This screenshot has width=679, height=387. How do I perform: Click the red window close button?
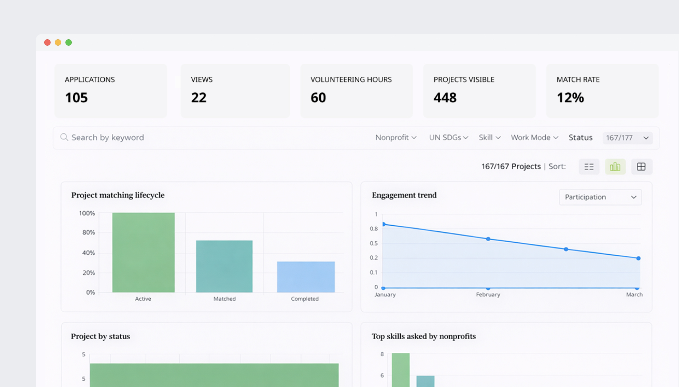[47, 42]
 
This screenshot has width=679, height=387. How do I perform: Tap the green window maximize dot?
[69, 42]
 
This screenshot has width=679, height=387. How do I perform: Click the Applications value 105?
[76, 98]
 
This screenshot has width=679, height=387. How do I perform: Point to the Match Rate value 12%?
[570, 98]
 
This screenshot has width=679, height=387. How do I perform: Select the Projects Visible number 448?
[445, 98]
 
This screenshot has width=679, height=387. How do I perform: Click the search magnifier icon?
[64, 137]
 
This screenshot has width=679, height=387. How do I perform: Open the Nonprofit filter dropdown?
[396, 137]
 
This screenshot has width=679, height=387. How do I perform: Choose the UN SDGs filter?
[448, 137]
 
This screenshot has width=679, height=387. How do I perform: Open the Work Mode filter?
[534, 137]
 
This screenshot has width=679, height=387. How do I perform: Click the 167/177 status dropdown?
[627, 138]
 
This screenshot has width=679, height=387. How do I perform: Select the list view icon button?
[589, 167]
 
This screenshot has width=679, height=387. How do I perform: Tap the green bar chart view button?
[615, 167]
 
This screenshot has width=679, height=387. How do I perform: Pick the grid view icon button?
[641, 167]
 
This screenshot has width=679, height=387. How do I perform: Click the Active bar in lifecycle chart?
[143, 253]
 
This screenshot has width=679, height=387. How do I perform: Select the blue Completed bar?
[306, 277]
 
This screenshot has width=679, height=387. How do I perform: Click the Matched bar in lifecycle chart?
[224, 266]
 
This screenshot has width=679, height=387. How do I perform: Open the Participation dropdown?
[600, 197]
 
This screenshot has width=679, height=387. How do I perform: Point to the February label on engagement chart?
[488, 294]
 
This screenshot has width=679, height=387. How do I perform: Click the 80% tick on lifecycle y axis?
[88, 232]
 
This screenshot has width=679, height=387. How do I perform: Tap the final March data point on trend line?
[638, 258]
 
